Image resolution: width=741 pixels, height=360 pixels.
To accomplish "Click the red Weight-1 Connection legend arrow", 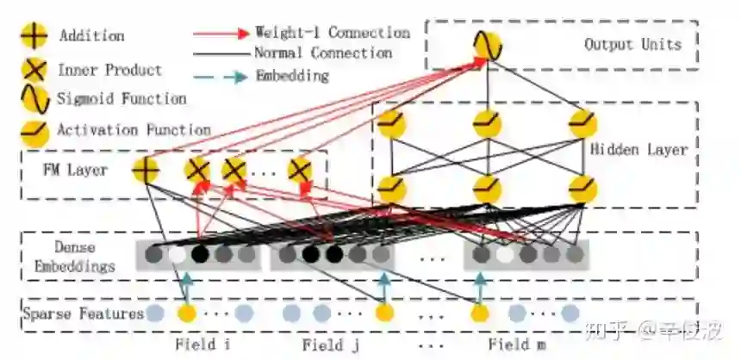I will tap(221, 34).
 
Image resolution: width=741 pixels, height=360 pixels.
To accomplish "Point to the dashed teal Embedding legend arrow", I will tap(221, 76).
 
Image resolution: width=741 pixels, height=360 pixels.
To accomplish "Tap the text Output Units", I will tap(632, 45).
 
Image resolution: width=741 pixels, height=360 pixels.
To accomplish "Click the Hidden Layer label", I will tap(638, 150).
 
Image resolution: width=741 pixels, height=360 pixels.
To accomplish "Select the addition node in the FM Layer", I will tap(146, 170).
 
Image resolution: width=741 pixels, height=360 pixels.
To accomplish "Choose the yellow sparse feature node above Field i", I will tap(186, 313).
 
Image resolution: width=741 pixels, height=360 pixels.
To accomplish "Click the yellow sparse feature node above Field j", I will tap(385, 313).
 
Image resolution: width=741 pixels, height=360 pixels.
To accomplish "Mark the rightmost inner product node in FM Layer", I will tap(300, 170).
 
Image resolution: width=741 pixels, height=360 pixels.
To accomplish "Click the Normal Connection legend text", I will tap(323, 53).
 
